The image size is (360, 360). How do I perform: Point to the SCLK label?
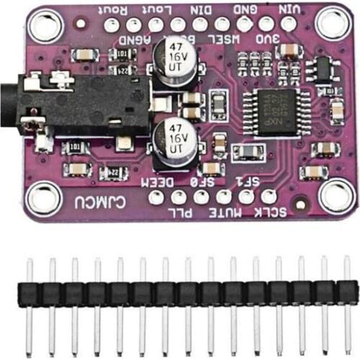271,211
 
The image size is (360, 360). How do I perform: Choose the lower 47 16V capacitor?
173,139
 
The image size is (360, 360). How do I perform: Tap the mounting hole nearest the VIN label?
333,24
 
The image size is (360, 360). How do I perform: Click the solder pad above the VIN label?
289,24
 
